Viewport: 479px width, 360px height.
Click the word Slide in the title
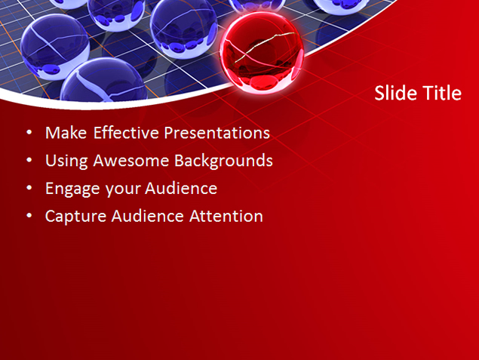click(x=392, y=93)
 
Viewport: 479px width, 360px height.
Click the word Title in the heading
click(x=438, y=93)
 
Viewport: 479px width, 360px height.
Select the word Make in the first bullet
click(x=66, y=133)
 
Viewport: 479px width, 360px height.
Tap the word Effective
click(x=126, y=133)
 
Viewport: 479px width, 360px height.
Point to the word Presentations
click(x=217, y=133)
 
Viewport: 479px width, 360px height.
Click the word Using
click(x=66, y=162)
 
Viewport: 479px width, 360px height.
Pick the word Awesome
click(x=130, y=161)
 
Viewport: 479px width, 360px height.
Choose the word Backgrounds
click(x=223, y=162)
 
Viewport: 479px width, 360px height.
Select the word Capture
click(x=75, y=217)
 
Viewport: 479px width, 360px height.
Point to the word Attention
click(x=226, y=216)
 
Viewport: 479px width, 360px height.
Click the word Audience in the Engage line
click(x=181, y=189)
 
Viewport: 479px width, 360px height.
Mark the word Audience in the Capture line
click(x=148, y=216)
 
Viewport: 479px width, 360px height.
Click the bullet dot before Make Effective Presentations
click(x=29, y=133)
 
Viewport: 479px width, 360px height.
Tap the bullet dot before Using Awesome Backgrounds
click(x=29, y=160)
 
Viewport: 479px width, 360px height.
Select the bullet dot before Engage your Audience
click(x=29, y=188)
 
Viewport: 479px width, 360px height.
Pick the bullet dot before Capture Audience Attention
click(x=29, y=215)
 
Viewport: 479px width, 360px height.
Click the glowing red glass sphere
click(x=262, y=53)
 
